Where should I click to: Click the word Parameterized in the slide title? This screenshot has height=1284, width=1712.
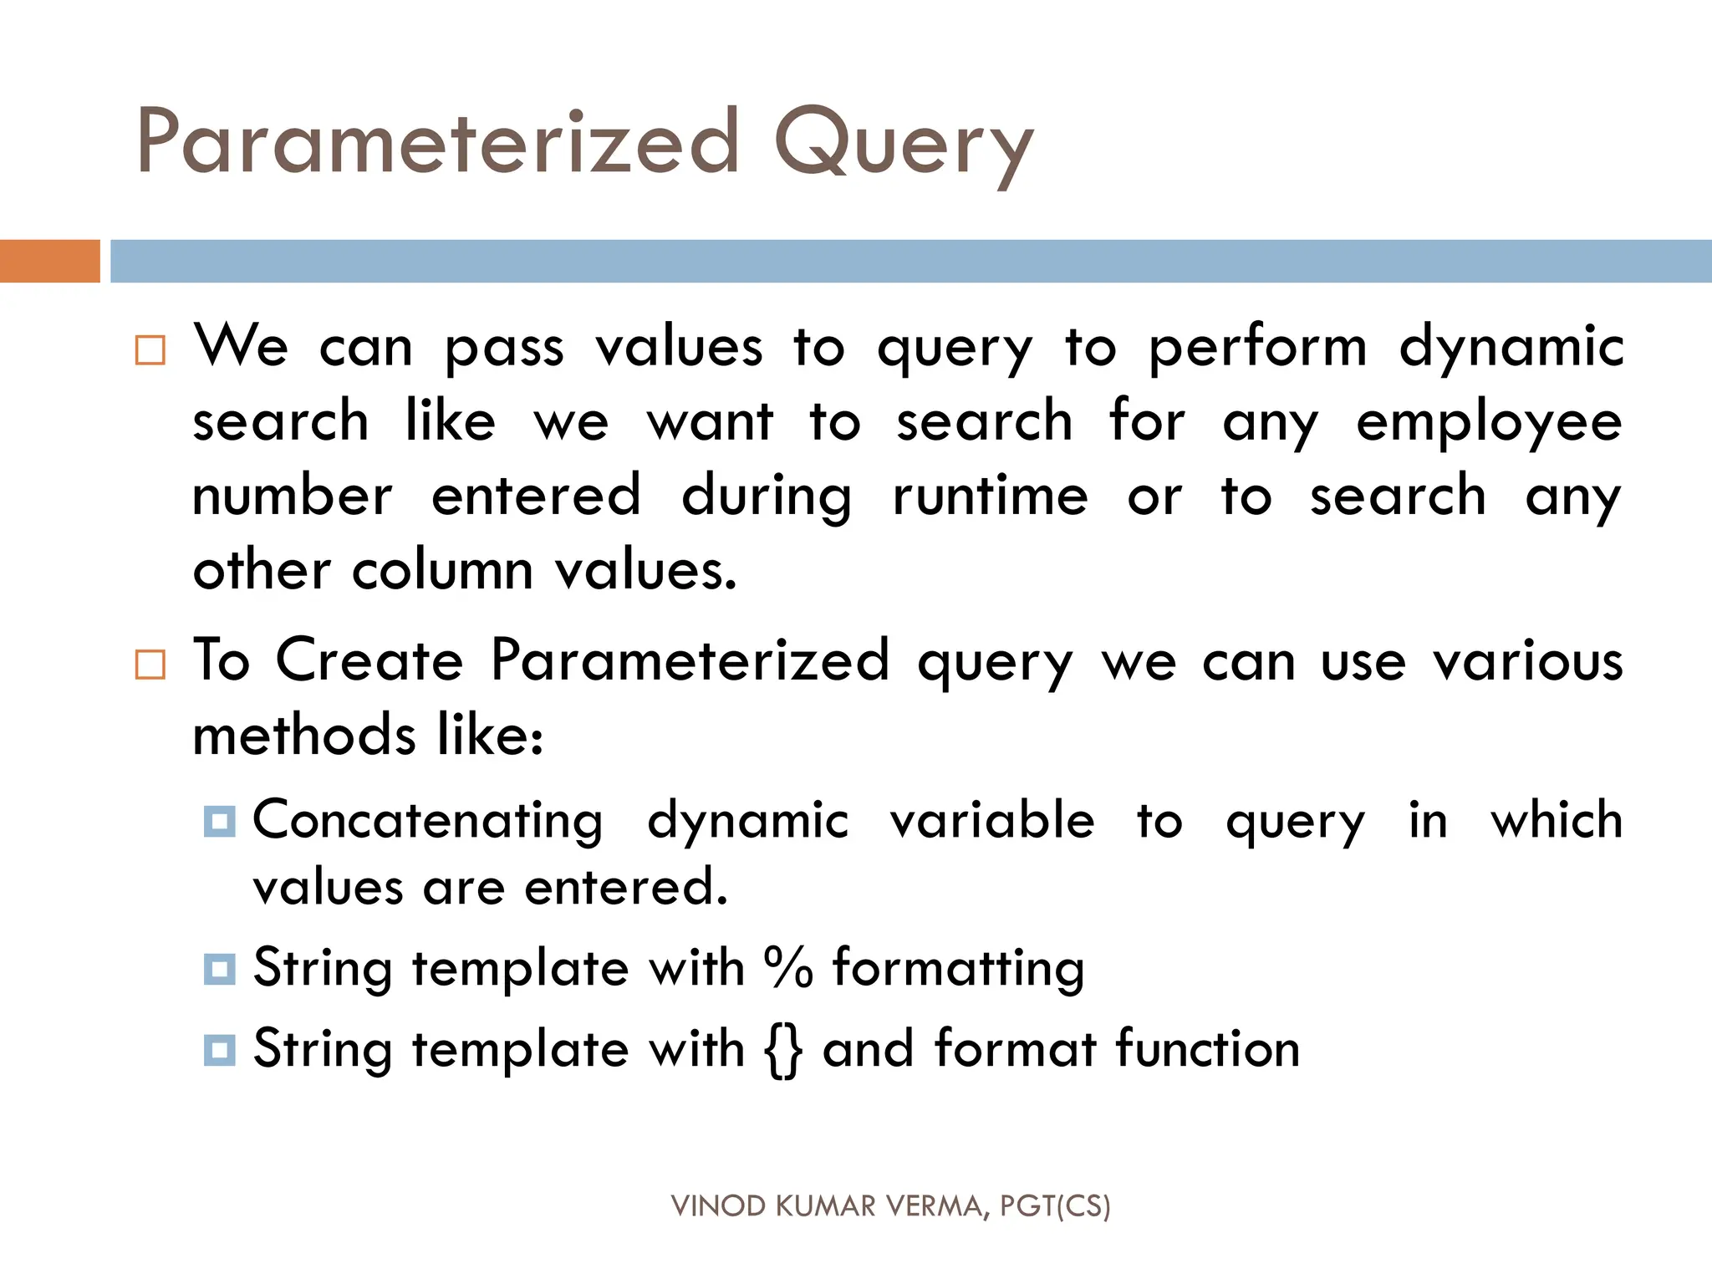(x=438, y=142)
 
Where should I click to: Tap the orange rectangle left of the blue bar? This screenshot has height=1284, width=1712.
(x=49, y=261)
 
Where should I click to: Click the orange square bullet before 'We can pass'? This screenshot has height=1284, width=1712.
(x=150, y=350)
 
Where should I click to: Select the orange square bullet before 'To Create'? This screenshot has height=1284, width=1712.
(x=150, y=665)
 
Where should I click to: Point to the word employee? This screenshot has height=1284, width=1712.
(x=1489, y=422)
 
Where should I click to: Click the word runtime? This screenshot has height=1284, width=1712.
(x=990, y=496)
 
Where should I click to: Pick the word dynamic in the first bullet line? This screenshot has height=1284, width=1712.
(x=1511, y=347)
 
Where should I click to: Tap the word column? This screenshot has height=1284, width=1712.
(x=442, y=571)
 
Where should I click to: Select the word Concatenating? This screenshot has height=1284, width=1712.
(x=427, y=820)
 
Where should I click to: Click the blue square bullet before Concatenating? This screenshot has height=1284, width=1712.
(x=220, y=821)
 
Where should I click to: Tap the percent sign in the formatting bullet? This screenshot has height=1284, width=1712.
(x=787, y=968)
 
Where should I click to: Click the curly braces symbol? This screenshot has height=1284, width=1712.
(x=783, y=1050)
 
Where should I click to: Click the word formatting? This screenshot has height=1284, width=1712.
(x=958, y=968)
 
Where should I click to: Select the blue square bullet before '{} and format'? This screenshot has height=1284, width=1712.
(x=220, y=1049)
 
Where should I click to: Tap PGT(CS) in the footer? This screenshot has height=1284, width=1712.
(x=1055, y=1206)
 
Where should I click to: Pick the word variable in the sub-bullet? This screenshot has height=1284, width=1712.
(x=992, y=820)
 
